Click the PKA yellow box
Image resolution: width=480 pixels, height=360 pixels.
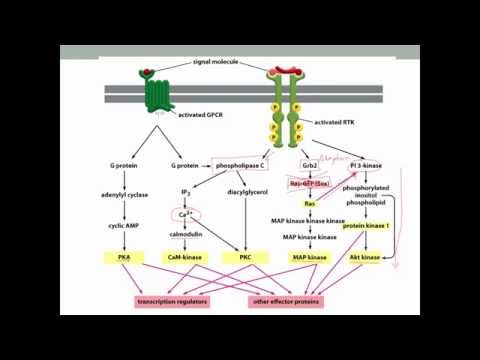pos(124,258)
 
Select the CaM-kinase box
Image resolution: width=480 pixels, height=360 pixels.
pos(187,258)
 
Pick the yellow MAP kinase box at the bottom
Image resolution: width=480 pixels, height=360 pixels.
pos(310,258)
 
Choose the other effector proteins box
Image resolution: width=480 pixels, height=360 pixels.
pos(287,301)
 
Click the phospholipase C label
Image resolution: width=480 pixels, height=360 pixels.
pos(246,165)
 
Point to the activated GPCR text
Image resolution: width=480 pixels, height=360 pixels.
pos(200,116)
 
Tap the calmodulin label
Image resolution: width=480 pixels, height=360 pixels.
pos(187,235)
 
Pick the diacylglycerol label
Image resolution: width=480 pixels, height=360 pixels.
pos(247,195)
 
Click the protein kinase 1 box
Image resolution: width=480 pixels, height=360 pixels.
pos(364,226)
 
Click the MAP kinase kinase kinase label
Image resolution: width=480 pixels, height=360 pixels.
pos(308,220)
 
